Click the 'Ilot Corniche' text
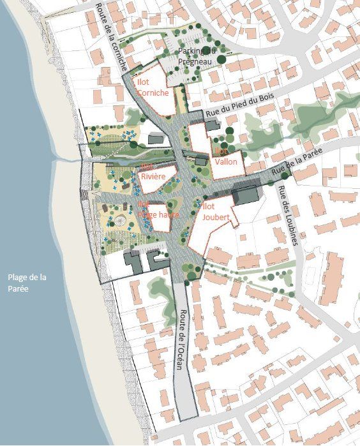(x=153, y=87)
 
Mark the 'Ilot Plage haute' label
(x=157, y=211)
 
